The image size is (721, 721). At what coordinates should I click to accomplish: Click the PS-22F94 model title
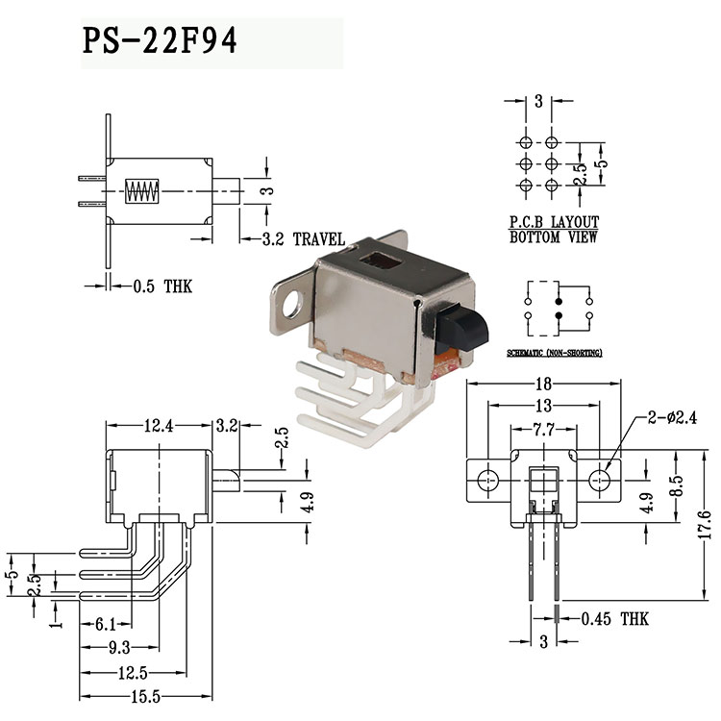[160, 42]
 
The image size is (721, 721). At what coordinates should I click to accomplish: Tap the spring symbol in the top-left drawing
[142, 190]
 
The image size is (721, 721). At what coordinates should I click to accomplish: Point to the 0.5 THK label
[162, 286]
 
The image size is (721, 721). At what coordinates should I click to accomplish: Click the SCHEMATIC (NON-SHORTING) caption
[555, 354]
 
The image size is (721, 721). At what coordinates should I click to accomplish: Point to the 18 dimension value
[544, 385]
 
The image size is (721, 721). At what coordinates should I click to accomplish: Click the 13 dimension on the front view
[544, 406]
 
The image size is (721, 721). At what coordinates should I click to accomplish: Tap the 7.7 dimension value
[544, 428]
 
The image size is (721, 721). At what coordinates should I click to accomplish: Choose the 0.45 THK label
[615, 618]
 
